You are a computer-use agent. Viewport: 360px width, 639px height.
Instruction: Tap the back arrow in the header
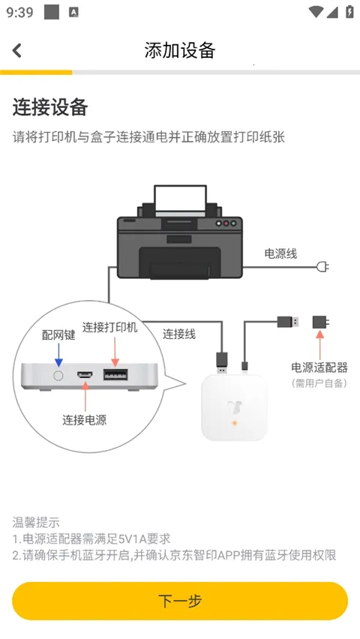[17, 50]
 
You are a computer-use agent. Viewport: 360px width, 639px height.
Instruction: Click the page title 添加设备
[180, 50]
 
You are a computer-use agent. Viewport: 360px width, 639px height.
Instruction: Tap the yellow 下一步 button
[180, 601]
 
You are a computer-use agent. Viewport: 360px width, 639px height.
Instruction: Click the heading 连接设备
[50, 107]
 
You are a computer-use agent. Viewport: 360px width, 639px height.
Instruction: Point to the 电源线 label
[280, 253]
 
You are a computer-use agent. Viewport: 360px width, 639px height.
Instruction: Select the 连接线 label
[179, 334]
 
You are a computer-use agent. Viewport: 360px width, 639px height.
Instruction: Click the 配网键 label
[58, 334]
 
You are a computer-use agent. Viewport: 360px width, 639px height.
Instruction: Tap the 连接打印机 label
[110, 327]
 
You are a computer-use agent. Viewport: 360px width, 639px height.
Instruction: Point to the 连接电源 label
[84, 419]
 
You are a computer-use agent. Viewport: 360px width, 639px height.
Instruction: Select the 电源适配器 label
[319, 367]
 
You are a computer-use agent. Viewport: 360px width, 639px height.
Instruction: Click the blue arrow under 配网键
[58, 352]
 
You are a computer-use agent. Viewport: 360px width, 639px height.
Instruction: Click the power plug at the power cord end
[323, 266]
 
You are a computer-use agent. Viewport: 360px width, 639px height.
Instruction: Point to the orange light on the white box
[235, 424]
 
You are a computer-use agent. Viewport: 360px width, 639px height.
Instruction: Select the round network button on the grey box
[58, 373]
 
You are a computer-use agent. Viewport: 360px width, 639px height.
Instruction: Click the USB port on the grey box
[115, 374]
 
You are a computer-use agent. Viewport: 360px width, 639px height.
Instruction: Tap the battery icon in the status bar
[349, 12]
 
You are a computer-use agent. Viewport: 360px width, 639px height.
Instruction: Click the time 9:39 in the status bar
[20, 12]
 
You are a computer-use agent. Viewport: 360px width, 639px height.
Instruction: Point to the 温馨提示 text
[36, 522]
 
